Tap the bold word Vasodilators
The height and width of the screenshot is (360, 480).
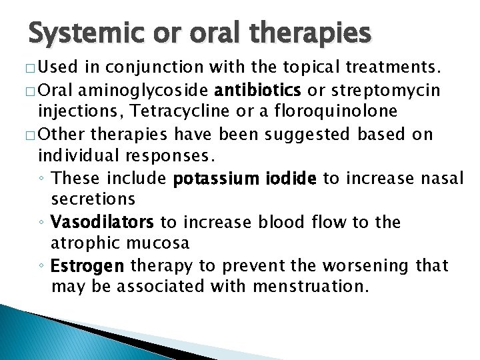103,221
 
